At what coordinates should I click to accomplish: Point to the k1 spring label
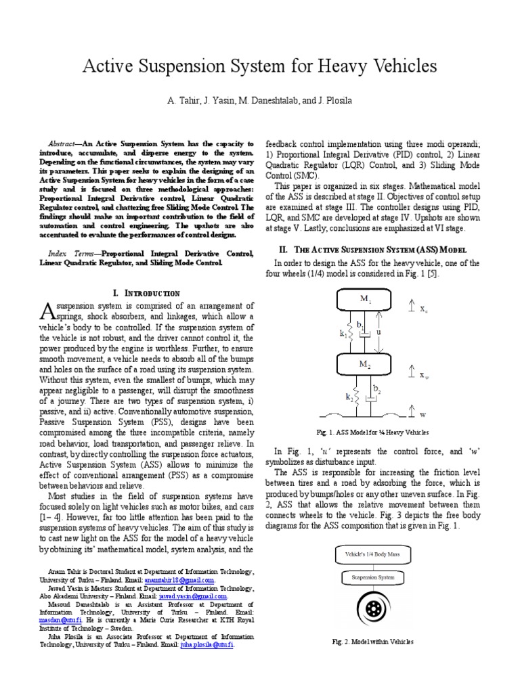(343, 332)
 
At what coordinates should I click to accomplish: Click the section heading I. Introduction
(147, 293)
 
